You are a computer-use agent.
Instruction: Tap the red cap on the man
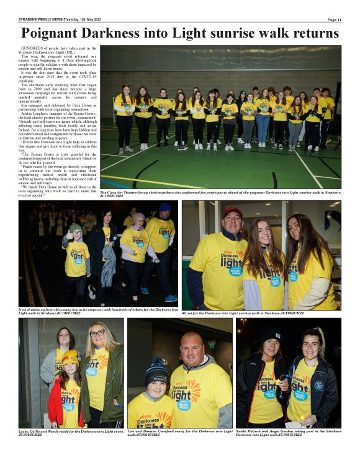233,211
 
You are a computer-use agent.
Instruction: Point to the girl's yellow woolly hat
70,357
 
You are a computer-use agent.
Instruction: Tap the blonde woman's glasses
97,334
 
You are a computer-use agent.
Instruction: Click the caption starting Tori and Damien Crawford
179,433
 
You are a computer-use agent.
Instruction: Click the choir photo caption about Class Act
220,194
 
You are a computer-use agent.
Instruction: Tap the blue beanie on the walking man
165,208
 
